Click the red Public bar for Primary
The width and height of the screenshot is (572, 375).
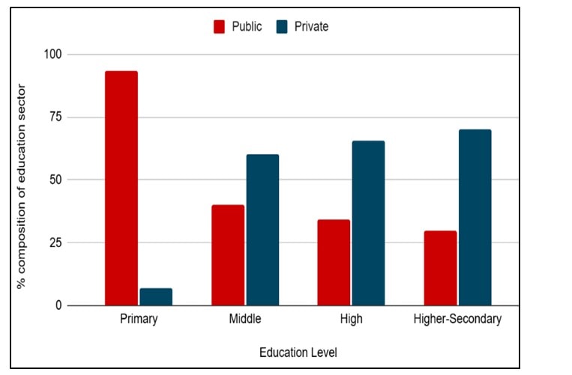121,188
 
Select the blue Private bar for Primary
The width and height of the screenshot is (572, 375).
156,297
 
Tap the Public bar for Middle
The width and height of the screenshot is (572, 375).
227,255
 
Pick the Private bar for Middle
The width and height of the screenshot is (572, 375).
262,230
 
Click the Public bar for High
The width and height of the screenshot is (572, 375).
333,263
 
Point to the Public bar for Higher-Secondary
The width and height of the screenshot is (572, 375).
440,268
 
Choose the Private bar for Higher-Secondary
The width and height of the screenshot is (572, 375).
475,218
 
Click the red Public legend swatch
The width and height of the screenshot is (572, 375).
220,27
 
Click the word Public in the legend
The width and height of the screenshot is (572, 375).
247,27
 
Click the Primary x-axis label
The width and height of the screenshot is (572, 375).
139,320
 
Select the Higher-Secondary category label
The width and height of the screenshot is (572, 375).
457,320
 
